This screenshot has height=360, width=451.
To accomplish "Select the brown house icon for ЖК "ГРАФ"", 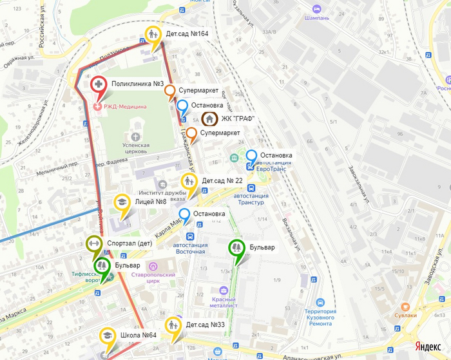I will [x=210, y=118].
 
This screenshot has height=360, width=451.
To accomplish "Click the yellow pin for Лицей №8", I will [x=122, y=202].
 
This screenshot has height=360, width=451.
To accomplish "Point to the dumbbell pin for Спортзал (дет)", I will [x=93, y=244].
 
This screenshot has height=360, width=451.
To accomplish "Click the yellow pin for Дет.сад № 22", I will [x=189, y=182].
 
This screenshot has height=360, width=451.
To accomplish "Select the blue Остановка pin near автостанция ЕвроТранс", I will [x=251, y=156].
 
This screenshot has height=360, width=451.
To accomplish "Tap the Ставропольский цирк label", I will [x=153, y=278].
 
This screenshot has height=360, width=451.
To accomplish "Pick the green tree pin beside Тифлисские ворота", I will [x=102, y=266].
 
